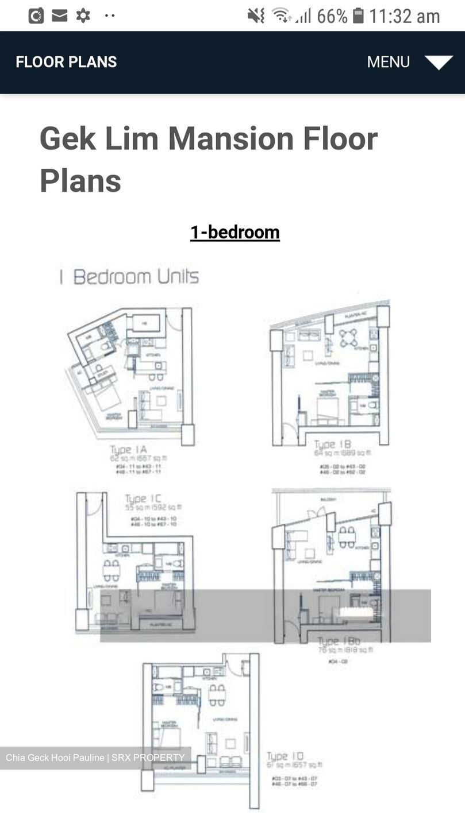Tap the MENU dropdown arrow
coord(439,62)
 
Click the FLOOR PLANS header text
coord(66,62)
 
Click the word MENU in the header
coord(389,62)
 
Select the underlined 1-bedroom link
coord(235,232)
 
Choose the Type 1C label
coord(143,498)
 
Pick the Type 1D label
coord(285,756)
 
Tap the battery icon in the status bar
coord(358,16)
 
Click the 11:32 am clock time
coord(405,16)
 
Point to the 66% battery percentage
coord(332,16)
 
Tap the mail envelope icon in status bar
coord(60,16)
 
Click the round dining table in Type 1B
coord(348,338)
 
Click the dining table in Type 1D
coord(217,695)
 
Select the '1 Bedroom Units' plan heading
coord(129,277)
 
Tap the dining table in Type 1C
coord(112,570)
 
